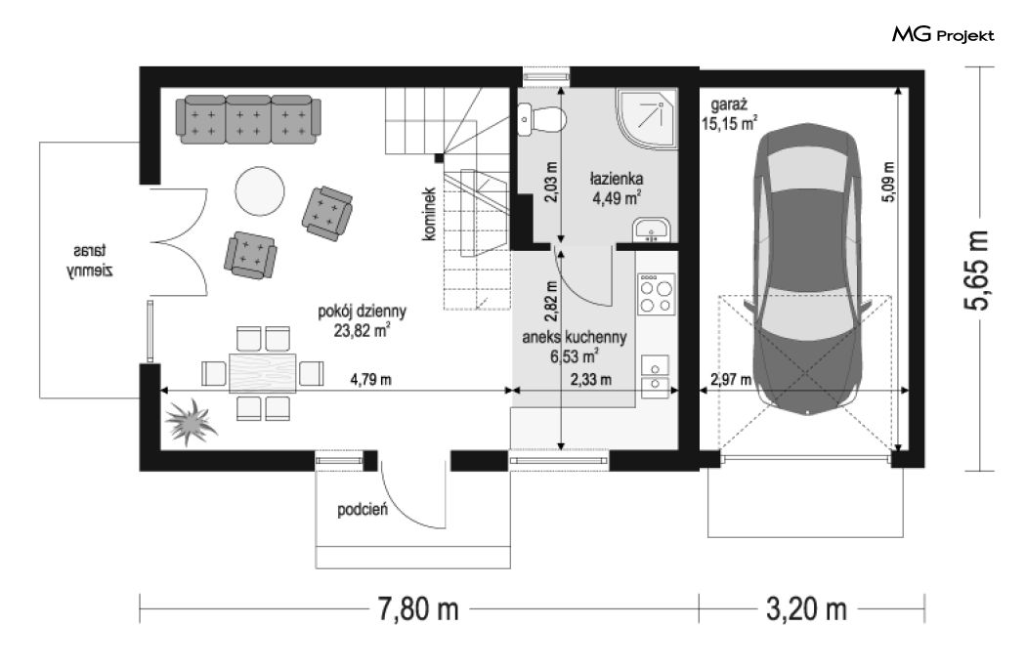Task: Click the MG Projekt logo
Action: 943,35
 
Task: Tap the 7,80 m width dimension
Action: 418,609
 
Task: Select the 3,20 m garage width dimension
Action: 806,609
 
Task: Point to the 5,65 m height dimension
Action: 979,270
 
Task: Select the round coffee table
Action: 260,191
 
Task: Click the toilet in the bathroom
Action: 541,119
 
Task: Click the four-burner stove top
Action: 657,294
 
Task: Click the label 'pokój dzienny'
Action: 362,312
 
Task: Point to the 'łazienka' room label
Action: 617,178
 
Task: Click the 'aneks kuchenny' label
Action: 574,337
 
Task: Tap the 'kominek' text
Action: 429,214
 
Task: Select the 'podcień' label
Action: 363,510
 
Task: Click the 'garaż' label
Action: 729,104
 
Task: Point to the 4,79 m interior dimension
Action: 371,380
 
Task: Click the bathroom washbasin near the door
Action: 652,230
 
